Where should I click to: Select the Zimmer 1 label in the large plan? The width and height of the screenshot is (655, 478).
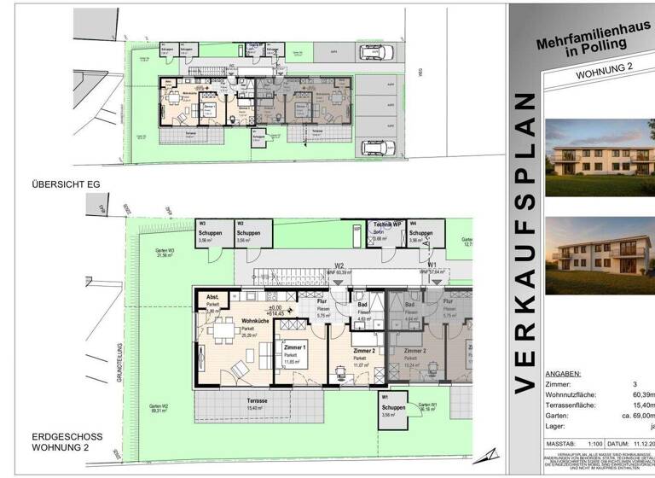292,348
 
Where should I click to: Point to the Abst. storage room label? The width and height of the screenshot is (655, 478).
212,297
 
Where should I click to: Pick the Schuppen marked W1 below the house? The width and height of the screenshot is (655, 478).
394,407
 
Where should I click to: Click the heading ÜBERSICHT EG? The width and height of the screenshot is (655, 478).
67,184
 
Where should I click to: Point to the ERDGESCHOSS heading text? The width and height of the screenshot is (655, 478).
67,437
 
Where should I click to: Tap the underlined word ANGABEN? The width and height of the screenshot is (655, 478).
562,373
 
